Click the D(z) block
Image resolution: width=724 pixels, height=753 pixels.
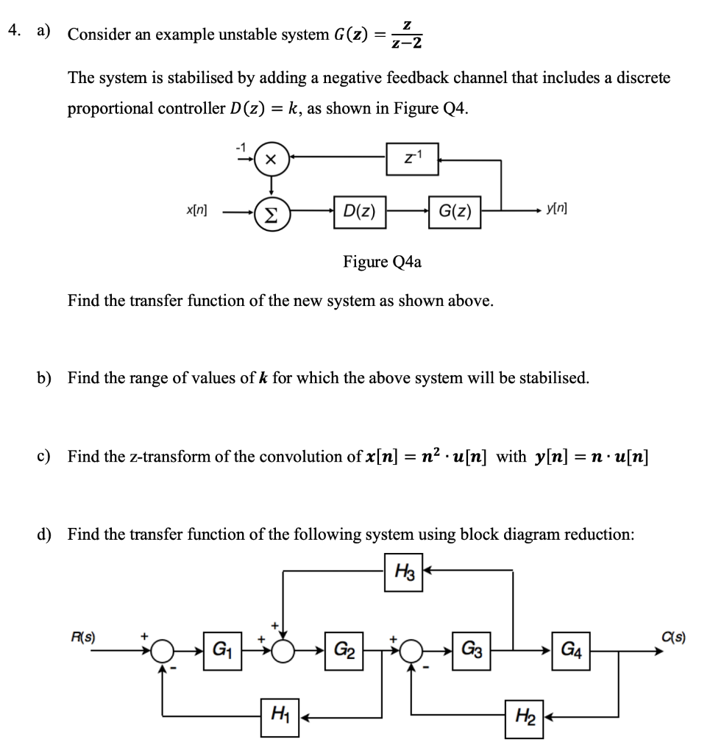[356, 213]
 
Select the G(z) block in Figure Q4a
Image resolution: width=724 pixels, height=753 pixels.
[455, 213]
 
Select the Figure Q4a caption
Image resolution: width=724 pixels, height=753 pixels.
[382, 263]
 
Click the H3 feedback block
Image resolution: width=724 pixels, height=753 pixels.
[404, 570]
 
